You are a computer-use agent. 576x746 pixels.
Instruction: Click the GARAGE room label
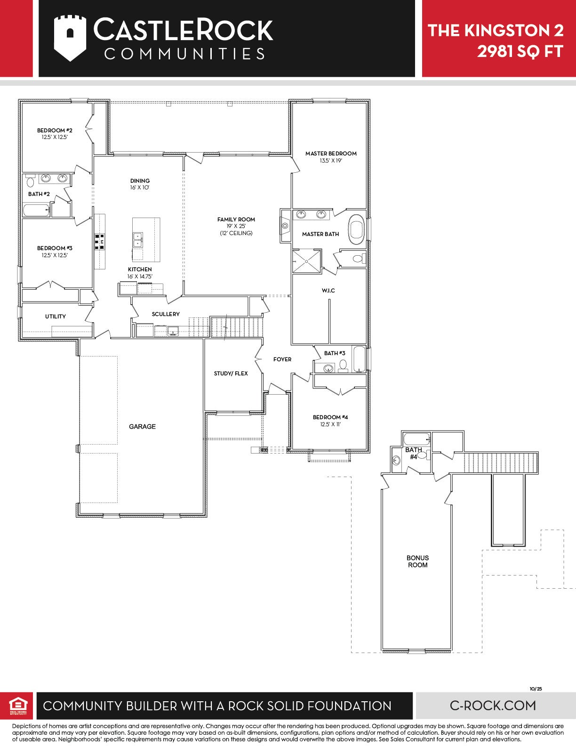142,426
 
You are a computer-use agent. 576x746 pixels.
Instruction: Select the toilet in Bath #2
30,181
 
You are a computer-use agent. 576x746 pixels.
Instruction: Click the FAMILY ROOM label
236,219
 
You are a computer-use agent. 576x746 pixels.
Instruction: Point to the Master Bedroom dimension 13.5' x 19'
331,160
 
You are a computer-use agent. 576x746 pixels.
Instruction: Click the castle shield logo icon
70,38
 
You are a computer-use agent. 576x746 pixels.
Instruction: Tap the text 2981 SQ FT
520,51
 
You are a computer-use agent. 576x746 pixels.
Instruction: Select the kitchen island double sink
138,240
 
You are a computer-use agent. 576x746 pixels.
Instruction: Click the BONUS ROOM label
417,561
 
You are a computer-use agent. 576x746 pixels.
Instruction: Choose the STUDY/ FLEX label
231,373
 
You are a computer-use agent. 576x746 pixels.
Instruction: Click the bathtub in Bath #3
360,359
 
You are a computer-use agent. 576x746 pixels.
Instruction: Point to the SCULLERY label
166,314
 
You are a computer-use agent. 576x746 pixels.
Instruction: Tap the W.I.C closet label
328,291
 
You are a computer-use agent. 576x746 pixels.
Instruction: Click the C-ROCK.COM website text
493,705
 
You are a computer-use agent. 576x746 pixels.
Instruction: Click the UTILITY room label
55,316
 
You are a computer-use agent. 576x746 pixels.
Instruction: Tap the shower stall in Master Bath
307,261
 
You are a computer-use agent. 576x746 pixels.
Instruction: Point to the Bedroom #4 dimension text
330,424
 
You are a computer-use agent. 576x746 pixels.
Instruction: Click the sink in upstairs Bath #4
397,460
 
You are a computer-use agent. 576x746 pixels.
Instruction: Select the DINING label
140,180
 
